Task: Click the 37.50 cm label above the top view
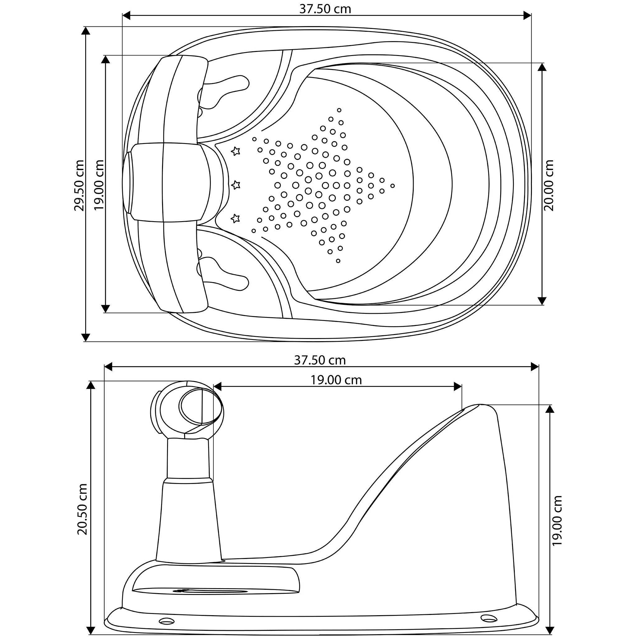pyautogui.click(x=325, y=9)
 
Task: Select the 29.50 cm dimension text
pyautogui.click(x=79, y=185)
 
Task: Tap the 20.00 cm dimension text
pyautogui.click(x=549, y=185)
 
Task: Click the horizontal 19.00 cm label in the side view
pyautogui.click(x=336, y=380)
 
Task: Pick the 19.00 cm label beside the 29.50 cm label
pyautogui.click(x=99, y=185)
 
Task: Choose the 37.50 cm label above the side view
pyautogui.click(x=320, y=360)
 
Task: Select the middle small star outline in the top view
pyautogui.click(x=236, y=185)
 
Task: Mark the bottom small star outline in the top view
pyautogui.click(x=235, y=218)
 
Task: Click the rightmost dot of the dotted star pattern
pyautogui.click(x=392, y=186)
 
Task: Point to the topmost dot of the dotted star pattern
pyautogui.click(x=339, y=110)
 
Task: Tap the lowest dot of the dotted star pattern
pyautogui.click(x=338, y=261)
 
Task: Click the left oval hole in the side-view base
pyautogui.click(x=166, y=621)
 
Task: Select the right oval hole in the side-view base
pyautogui.click(x=489, y=617)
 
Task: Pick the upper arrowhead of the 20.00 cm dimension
pyautogui.click(x=542, y=67)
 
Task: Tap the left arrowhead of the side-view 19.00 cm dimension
pyautogui.click(x=217, y=387)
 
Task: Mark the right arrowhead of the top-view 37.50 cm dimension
pyautogui.click(x=527, y=16)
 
